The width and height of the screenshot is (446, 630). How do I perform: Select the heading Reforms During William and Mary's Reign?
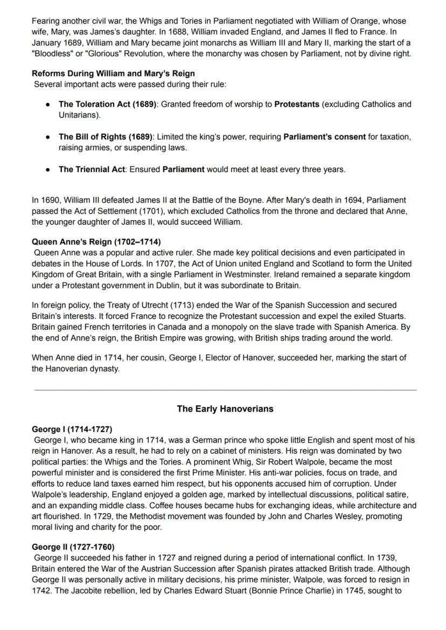point(113,73)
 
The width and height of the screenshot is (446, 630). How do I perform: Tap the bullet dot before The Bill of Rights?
point(48,137)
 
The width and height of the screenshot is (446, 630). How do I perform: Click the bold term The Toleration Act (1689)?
point(108,104)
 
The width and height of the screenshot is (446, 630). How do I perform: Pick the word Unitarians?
point(79,115)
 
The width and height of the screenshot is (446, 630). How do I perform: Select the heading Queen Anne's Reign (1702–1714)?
point(96,242)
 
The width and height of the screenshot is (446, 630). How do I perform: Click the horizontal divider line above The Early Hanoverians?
point(225,390)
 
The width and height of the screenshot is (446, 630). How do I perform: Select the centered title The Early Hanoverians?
point(225,409)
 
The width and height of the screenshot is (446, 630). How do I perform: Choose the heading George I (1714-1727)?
point(72,430)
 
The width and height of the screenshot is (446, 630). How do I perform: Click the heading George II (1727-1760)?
point(73,547)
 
